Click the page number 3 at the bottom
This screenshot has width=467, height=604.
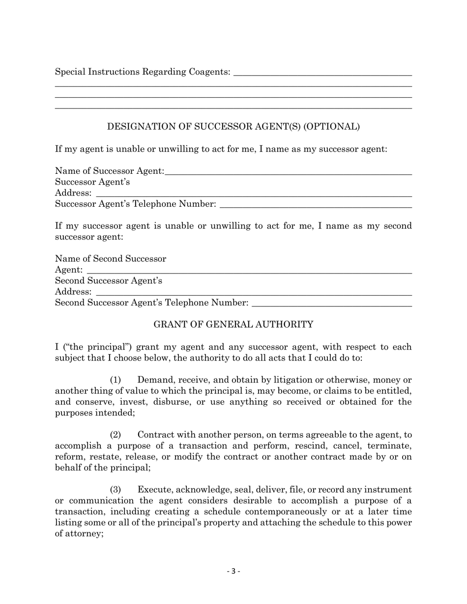click(x=233, y=571)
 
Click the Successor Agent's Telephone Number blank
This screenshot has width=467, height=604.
click(x=315, y=204)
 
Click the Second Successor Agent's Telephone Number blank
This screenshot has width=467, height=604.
click(x=331, y=303)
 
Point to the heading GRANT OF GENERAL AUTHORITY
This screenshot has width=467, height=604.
click(x=233, y=325)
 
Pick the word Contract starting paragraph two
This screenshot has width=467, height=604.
click(x=156, y=435)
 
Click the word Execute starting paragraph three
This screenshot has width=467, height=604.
click(x=155, y=490)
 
